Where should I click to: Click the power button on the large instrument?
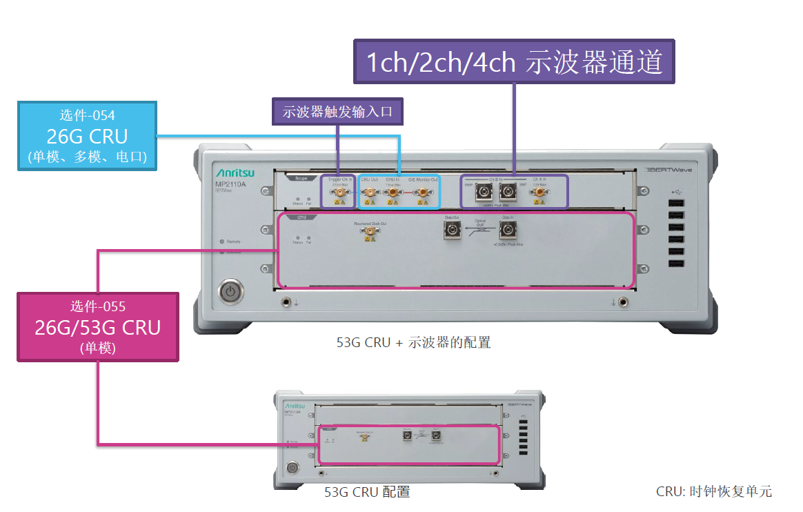click(x=230, y=292)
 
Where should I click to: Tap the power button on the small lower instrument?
click(x=293, y=468)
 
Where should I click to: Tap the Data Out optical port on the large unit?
click(x=452, y=229)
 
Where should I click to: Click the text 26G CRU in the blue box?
click(x=87, y=135)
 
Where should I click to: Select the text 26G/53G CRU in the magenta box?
click(x=97, y=327)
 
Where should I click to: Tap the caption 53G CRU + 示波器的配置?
click(x=413, y=342)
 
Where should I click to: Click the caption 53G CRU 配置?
click(x=367, y=492)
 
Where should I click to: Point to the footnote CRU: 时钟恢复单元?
click(x=714, y=492)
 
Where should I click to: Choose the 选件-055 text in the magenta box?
click(x=97, y=306)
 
